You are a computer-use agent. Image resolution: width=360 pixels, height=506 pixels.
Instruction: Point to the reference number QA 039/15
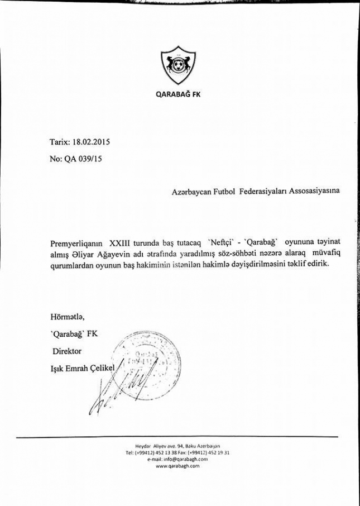coord(83,159)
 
